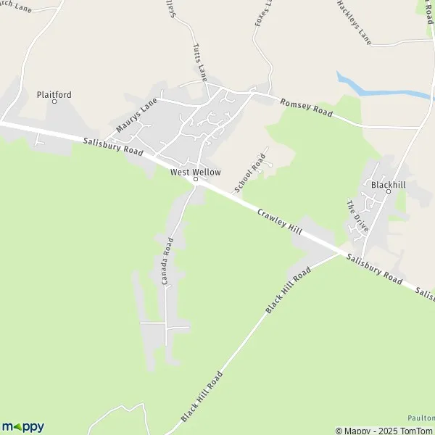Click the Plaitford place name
pyautogui.click(x=54, y=94)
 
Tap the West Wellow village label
pyautogui.click(x=195, y=172)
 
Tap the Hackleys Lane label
pyautogui.click(x=354, y=22)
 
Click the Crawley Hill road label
pyautogui.click(x=280, y=223)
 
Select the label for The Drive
pyautogui.click(x=357, y=216)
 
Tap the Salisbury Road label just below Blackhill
pyautogui.click(x=374, y=268)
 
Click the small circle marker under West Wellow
pyautogui.click(x=195, y=180)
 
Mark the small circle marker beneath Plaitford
pyautogui.click(x=54, y=102)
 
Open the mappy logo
pyautogui.click(x=22, y=427)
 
